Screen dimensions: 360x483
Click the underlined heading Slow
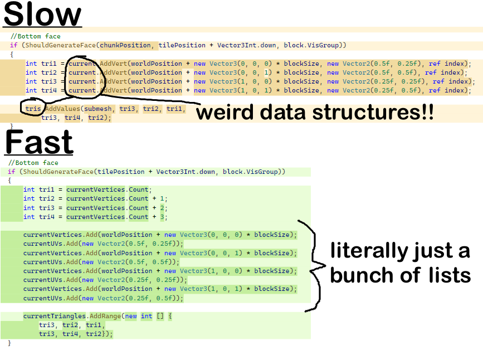[43, 15]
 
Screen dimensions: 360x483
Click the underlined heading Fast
[39, 142]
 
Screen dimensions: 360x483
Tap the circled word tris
[33, 109]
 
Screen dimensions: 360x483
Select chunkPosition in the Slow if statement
[125, 45]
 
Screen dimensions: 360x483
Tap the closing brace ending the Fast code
[9, 343]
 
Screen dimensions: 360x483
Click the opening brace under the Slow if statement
[12, 55]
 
